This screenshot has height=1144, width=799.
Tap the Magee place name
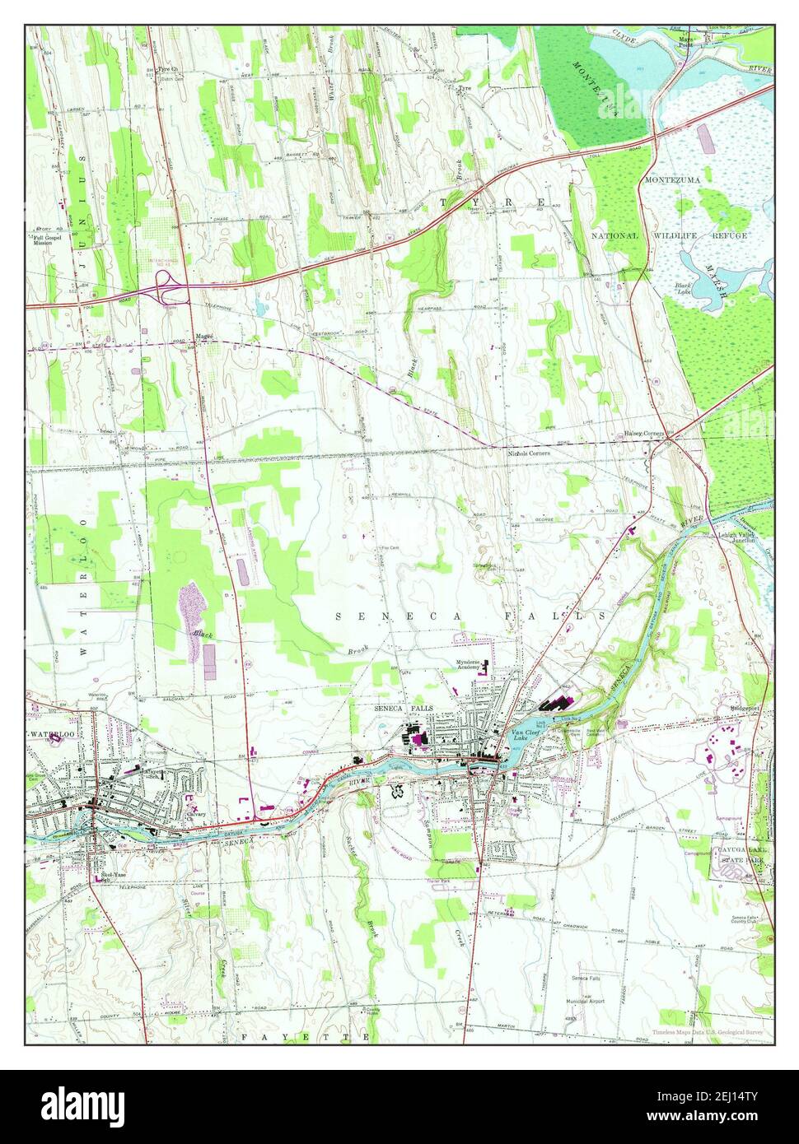click(205, 336)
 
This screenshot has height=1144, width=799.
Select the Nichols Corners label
click(528, 453)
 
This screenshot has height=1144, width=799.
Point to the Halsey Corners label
click(643, 434)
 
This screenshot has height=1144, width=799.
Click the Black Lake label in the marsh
click(683, 288)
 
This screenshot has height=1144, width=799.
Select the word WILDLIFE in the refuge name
click(675, 235)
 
